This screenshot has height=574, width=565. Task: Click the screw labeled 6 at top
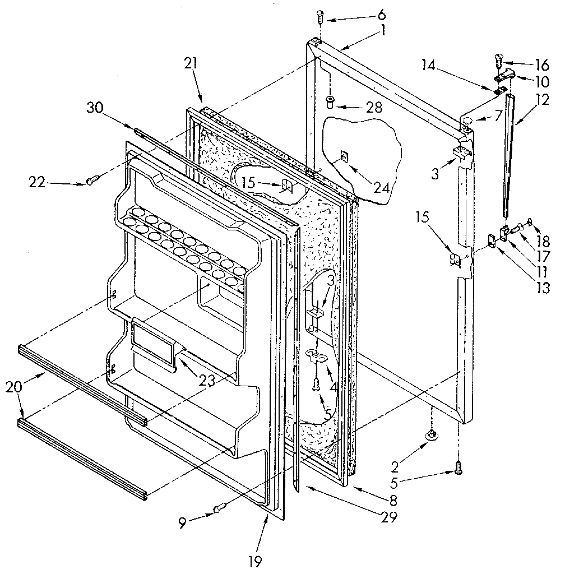tap(320, 16)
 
